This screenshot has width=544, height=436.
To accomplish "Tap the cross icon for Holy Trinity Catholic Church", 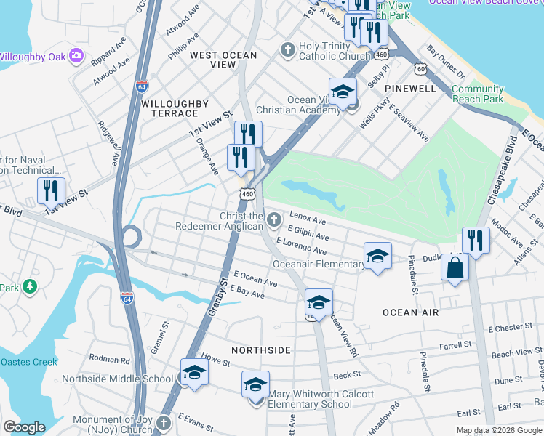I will (x=287, y=50).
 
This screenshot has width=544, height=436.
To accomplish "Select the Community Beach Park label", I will (x=477, y=94).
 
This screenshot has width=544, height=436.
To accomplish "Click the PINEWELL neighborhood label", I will (x=410, y=88).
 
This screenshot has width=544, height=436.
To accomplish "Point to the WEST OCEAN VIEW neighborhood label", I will (x=223, y=60).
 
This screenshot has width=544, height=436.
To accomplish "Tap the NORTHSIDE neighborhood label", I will (x=260, y=350).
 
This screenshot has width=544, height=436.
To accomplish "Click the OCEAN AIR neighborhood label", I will (x=411, y=312).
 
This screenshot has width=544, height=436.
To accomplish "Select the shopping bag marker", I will (x=455, y=267).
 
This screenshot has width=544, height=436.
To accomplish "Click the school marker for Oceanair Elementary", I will (x=377, y=255).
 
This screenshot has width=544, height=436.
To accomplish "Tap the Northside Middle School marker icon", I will (x=194, y=373).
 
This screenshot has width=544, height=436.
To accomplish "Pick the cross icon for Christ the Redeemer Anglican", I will (x=273, y=219).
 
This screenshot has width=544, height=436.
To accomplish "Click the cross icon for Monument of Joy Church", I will (x=163, y=421).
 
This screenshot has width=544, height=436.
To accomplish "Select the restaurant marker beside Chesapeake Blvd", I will (x=476, y=240).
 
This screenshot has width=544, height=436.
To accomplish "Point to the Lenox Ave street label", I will (x=308, y=219).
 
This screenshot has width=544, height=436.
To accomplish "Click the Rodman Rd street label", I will (x=109, y=358).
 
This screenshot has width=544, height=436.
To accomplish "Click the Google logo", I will (x=24, y=427).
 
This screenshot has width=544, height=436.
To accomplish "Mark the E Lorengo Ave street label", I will (x=300, y=249).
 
